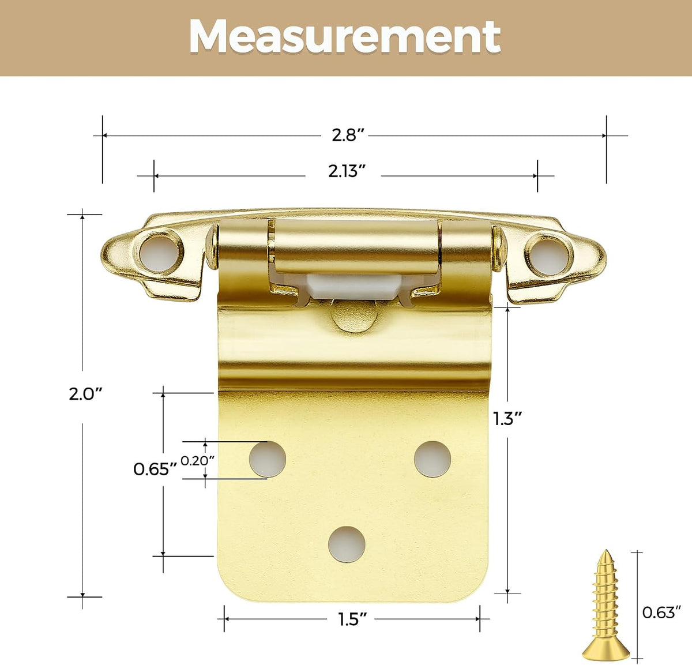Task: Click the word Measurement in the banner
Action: [345, 37]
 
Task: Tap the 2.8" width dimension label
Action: [348, 136]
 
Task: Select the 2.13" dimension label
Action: [347, 172]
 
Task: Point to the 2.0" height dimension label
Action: [85, 395]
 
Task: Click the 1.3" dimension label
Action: [507, 419]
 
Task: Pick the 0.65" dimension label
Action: [155, 469]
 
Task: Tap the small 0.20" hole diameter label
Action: [197, 461]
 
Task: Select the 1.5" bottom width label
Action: [352, 619]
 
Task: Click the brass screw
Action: [605, 605]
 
